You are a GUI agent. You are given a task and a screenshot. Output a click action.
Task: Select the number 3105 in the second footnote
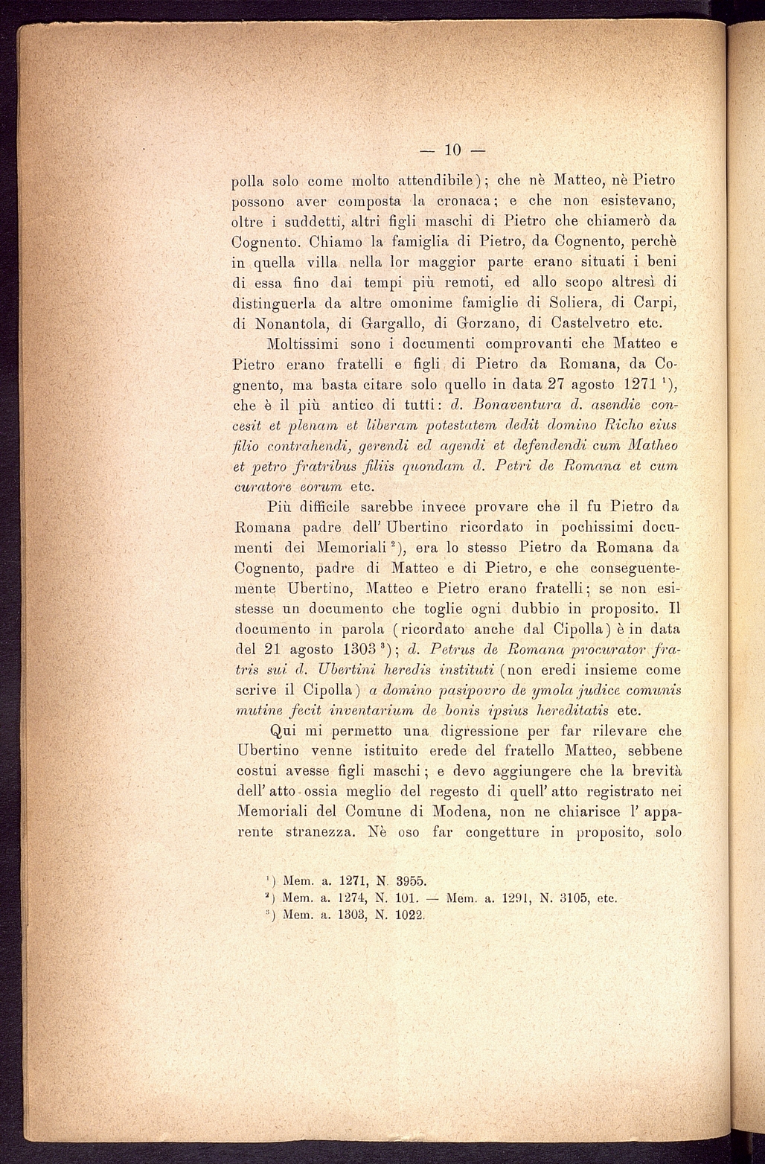pos(565,898)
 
